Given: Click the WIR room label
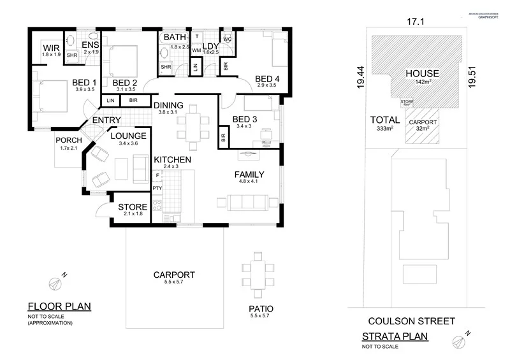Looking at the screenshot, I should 51,48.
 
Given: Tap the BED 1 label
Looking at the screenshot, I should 84,82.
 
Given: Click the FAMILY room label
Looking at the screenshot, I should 249,174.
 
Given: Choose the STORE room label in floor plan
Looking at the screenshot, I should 133,207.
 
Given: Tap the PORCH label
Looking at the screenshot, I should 68,140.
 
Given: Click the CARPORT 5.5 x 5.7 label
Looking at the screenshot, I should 174,275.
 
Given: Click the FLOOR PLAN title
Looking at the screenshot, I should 59,306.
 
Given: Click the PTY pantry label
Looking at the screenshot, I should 157,188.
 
